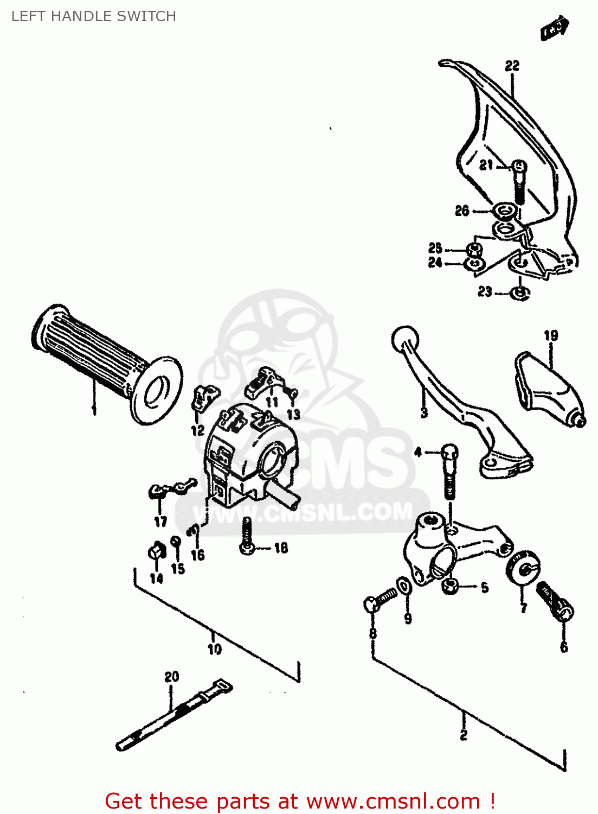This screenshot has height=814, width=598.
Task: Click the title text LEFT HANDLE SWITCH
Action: tap(93, 16)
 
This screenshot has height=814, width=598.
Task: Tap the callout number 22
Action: tap(512, 66)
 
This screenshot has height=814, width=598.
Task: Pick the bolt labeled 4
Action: tap(449, 472)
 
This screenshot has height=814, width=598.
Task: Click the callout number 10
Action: tap(214, 648)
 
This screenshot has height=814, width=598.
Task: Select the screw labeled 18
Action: tap(247, 536)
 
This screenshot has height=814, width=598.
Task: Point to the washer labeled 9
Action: tap(404, 587)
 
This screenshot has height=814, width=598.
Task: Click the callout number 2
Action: tap(464, 735)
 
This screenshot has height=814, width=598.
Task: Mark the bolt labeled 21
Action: tap(519, 182)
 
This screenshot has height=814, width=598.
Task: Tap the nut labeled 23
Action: tap(520, 293)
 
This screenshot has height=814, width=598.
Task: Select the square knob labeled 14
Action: tap(156, 552)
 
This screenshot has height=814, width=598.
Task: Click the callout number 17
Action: tap(160, 522)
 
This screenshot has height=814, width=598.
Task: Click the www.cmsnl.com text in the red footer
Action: tap(393, 802)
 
